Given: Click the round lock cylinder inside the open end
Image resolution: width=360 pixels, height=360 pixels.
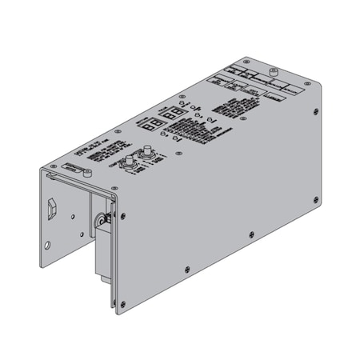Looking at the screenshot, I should tap(102, 218).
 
